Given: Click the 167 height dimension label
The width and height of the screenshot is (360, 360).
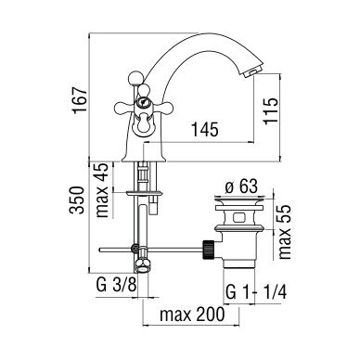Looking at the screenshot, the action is point(80,101).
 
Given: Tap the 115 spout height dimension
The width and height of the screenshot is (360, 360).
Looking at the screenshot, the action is point(271,111).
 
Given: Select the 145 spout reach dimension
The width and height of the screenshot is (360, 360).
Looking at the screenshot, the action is point(205,129).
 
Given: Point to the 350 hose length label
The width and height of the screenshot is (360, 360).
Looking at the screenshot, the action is point(77,200).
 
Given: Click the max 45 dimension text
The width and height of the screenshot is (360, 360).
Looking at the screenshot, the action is point(103,190).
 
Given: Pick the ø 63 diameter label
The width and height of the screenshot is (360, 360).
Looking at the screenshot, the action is point(241,186).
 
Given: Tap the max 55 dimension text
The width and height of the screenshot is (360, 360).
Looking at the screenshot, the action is point(285,232).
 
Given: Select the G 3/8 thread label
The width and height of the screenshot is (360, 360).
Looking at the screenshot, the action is point(116,285).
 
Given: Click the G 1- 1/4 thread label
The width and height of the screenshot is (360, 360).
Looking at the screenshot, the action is point(256,292).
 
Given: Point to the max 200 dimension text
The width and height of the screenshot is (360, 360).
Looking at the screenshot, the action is point(192,315).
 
